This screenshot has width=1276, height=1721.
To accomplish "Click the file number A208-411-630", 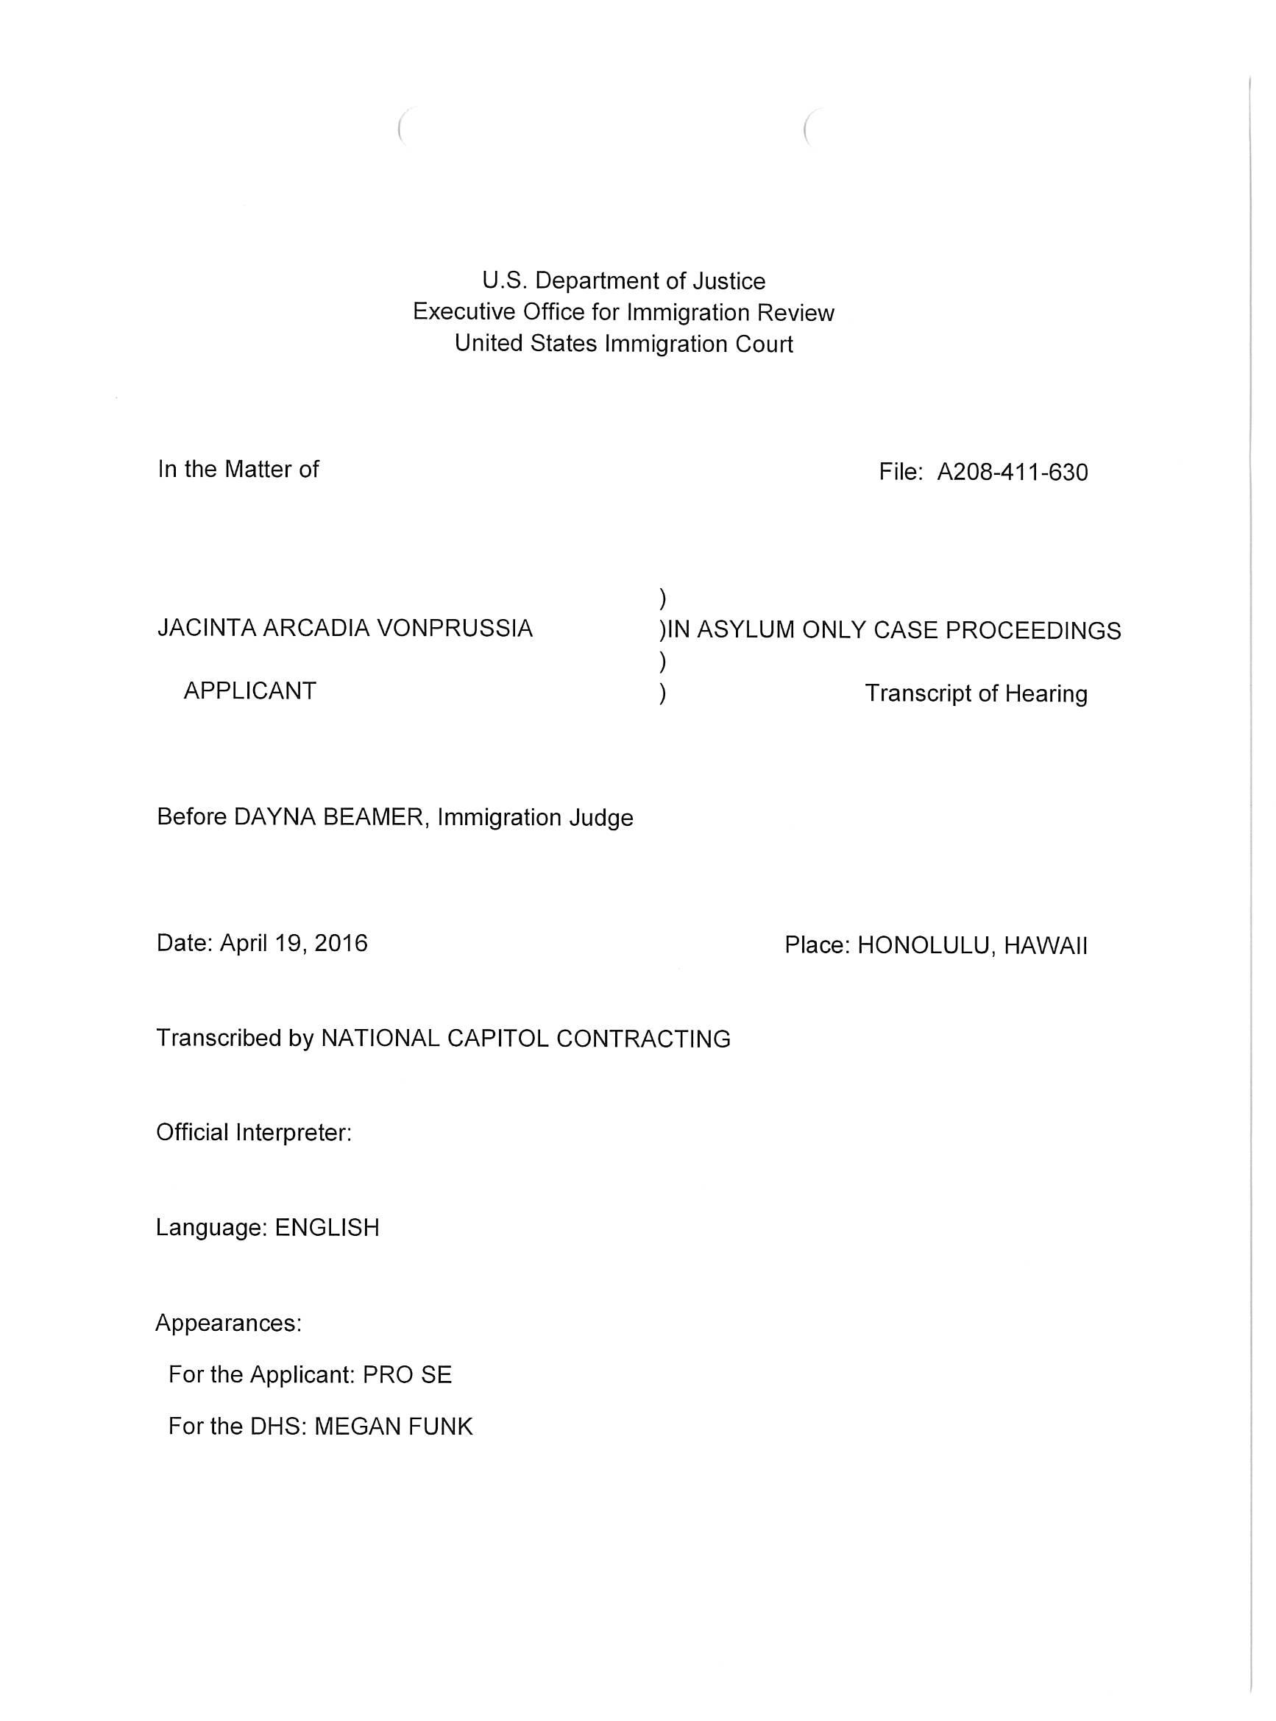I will (1012, 472).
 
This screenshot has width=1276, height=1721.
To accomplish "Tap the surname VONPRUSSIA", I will (454, 628).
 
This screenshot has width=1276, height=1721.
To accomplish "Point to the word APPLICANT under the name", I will (249, 690).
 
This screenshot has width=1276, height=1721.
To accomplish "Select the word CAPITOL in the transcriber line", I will (488, 1038).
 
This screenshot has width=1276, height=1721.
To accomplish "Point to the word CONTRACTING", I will (643, 1038).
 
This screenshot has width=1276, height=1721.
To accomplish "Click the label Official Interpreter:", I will (254, 1132).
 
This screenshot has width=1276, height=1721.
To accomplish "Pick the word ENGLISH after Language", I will (327, 1227).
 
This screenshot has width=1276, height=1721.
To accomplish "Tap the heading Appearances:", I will (229, 1324).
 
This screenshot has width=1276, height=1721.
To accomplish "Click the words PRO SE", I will (407, 1374).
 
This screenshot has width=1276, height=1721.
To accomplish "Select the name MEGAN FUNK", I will (393, 1426).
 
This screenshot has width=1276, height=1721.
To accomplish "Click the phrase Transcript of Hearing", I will (976, 693).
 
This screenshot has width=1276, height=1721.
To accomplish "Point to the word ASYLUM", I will (745, 630).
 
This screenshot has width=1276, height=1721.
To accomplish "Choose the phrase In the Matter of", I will (238, 469).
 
